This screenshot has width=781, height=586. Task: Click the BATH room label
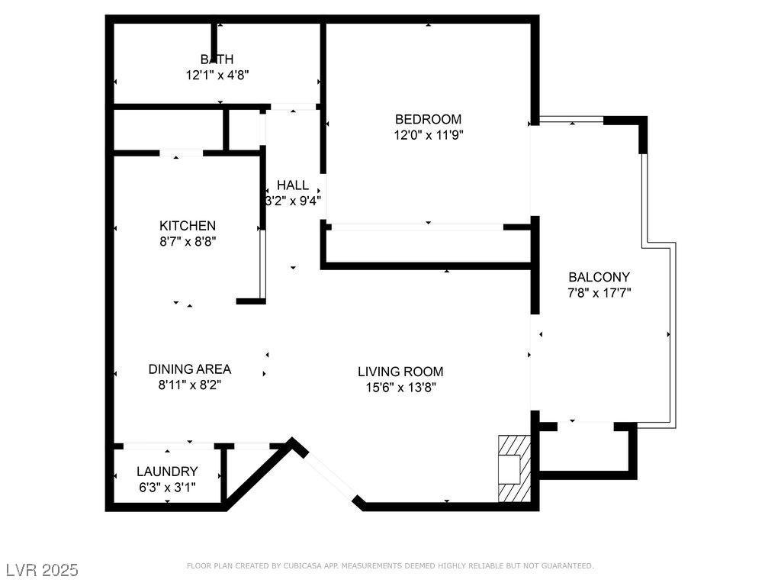point(217,60)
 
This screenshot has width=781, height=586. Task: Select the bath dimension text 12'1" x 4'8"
point(217,76)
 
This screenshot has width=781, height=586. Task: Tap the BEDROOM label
point(429,119)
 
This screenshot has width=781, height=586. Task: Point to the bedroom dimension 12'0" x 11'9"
point(429,135)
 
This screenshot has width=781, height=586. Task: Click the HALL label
point(293,185)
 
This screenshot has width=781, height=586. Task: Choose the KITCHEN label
point(188,226)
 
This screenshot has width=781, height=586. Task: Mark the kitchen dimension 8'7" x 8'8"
point(188,242)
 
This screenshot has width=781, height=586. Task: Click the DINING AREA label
point(190,369)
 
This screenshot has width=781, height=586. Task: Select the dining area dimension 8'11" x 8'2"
point(190,385)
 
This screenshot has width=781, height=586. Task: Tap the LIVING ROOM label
point(400,372)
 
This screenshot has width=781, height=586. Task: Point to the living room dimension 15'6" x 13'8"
point(401,388)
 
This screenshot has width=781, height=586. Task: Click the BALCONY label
point(599,277)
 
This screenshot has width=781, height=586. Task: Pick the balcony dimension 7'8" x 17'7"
point(599,293)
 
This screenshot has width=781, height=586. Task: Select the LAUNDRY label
point(167,472)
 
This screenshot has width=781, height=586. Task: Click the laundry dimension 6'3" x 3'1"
point(167,488)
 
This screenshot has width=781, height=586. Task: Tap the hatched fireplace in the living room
point(515,469)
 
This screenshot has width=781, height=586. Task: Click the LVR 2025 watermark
point(43,570)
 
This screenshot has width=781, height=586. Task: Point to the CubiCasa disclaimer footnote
point(390,565)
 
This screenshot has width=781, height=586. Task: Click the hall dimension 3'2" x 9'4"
point(293,201)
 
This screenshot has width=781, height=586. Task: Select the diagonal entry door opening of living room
point(331,475)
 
